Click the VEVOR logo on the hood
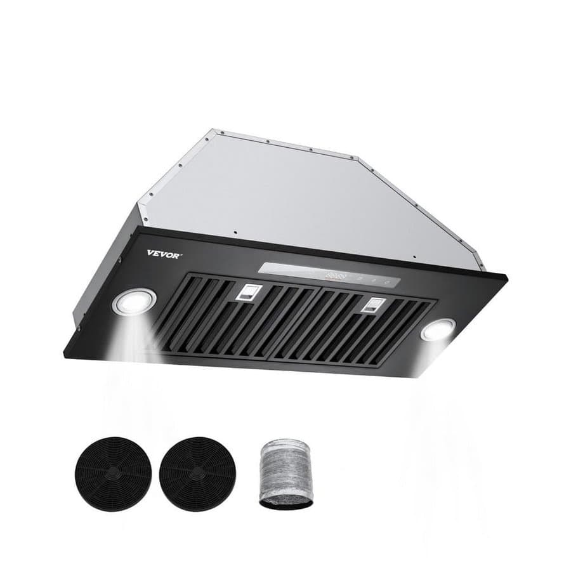coord(164,253)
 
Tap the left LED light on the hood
coord(135,302)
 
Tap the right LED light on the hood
coord(438,329)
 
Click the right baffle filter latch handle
coord(372,305)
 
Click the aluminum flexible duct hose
coord(287,473)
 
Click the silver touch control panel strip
coord(329,274)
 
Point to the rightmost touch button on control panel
coord(387,279)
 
